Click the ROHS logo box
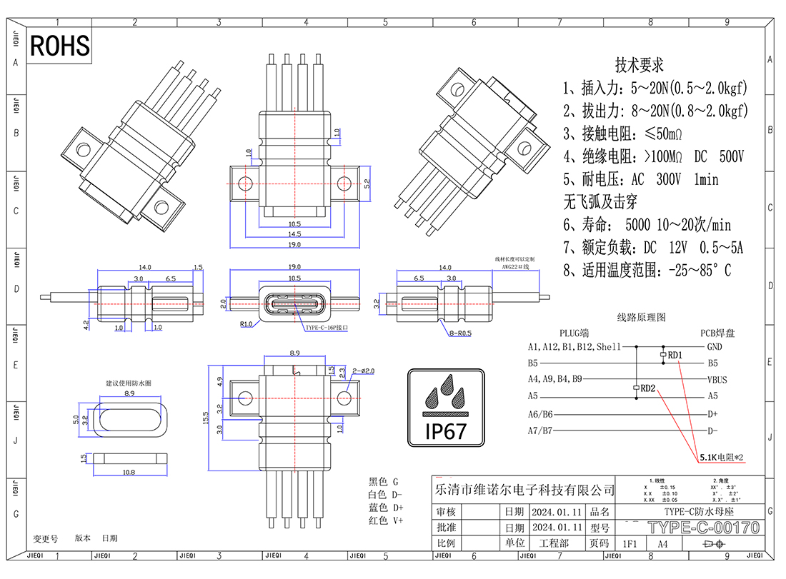[60, 46]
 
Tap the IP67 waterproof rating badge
[446, 408]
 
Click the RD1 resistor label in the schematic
[675, 355]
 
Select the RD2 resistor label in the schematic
[648, 388]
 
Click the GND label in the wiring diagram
[714, 347]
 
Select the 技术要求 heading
[640, 65]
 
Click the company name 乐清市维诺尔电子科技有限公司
[524, 490]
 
